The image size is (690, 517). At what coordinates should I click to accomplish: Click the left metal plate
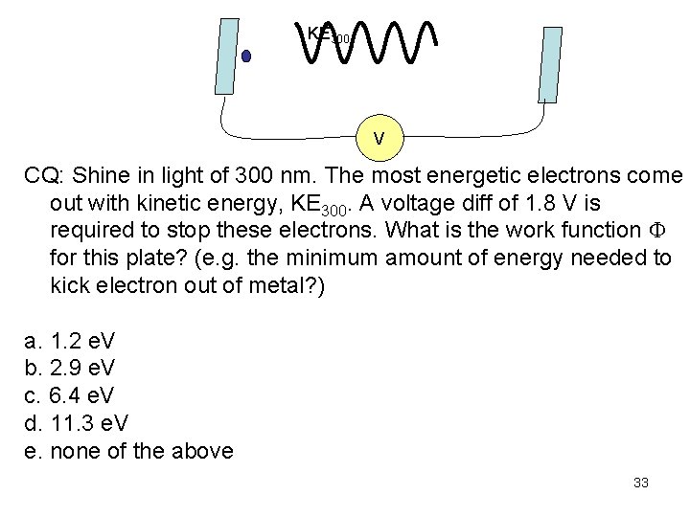coord(227,56)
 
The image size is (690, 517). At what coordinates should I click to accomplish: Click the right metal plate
coord(551,64)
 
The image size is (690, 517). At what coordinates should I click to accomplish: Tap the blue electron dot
coord(246,56)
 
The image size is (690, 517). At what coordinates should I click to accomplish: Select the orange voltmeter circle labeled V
coord(379,139)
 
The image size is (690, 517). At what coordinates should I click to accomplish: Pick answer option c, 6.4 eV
coord(72,393)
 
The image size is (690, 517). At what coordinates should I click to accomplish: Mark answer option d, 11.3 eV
coord(78,422)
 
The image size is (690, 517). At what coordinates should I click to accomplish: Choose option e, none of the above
coord(128,450)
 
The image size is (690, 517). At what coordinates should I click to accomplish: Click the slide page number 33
coord(641,483)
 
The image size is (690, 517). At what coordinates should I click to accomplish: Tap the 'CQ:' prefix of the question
coord(44,178)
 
